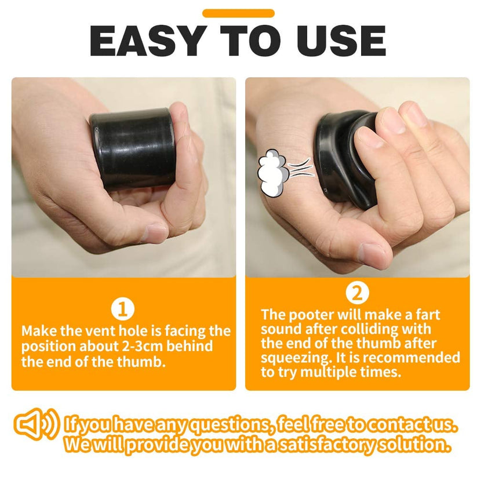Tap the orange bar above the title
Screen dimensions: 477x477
coord(238,13)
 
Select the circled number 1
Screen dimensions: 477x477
coord(123,308)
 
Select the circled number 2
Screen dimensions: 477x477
coord(358,294)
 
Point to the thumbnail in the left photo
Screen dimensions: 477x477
coord(155,232)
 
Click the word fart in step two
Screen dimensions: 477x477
coord(427,315)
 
